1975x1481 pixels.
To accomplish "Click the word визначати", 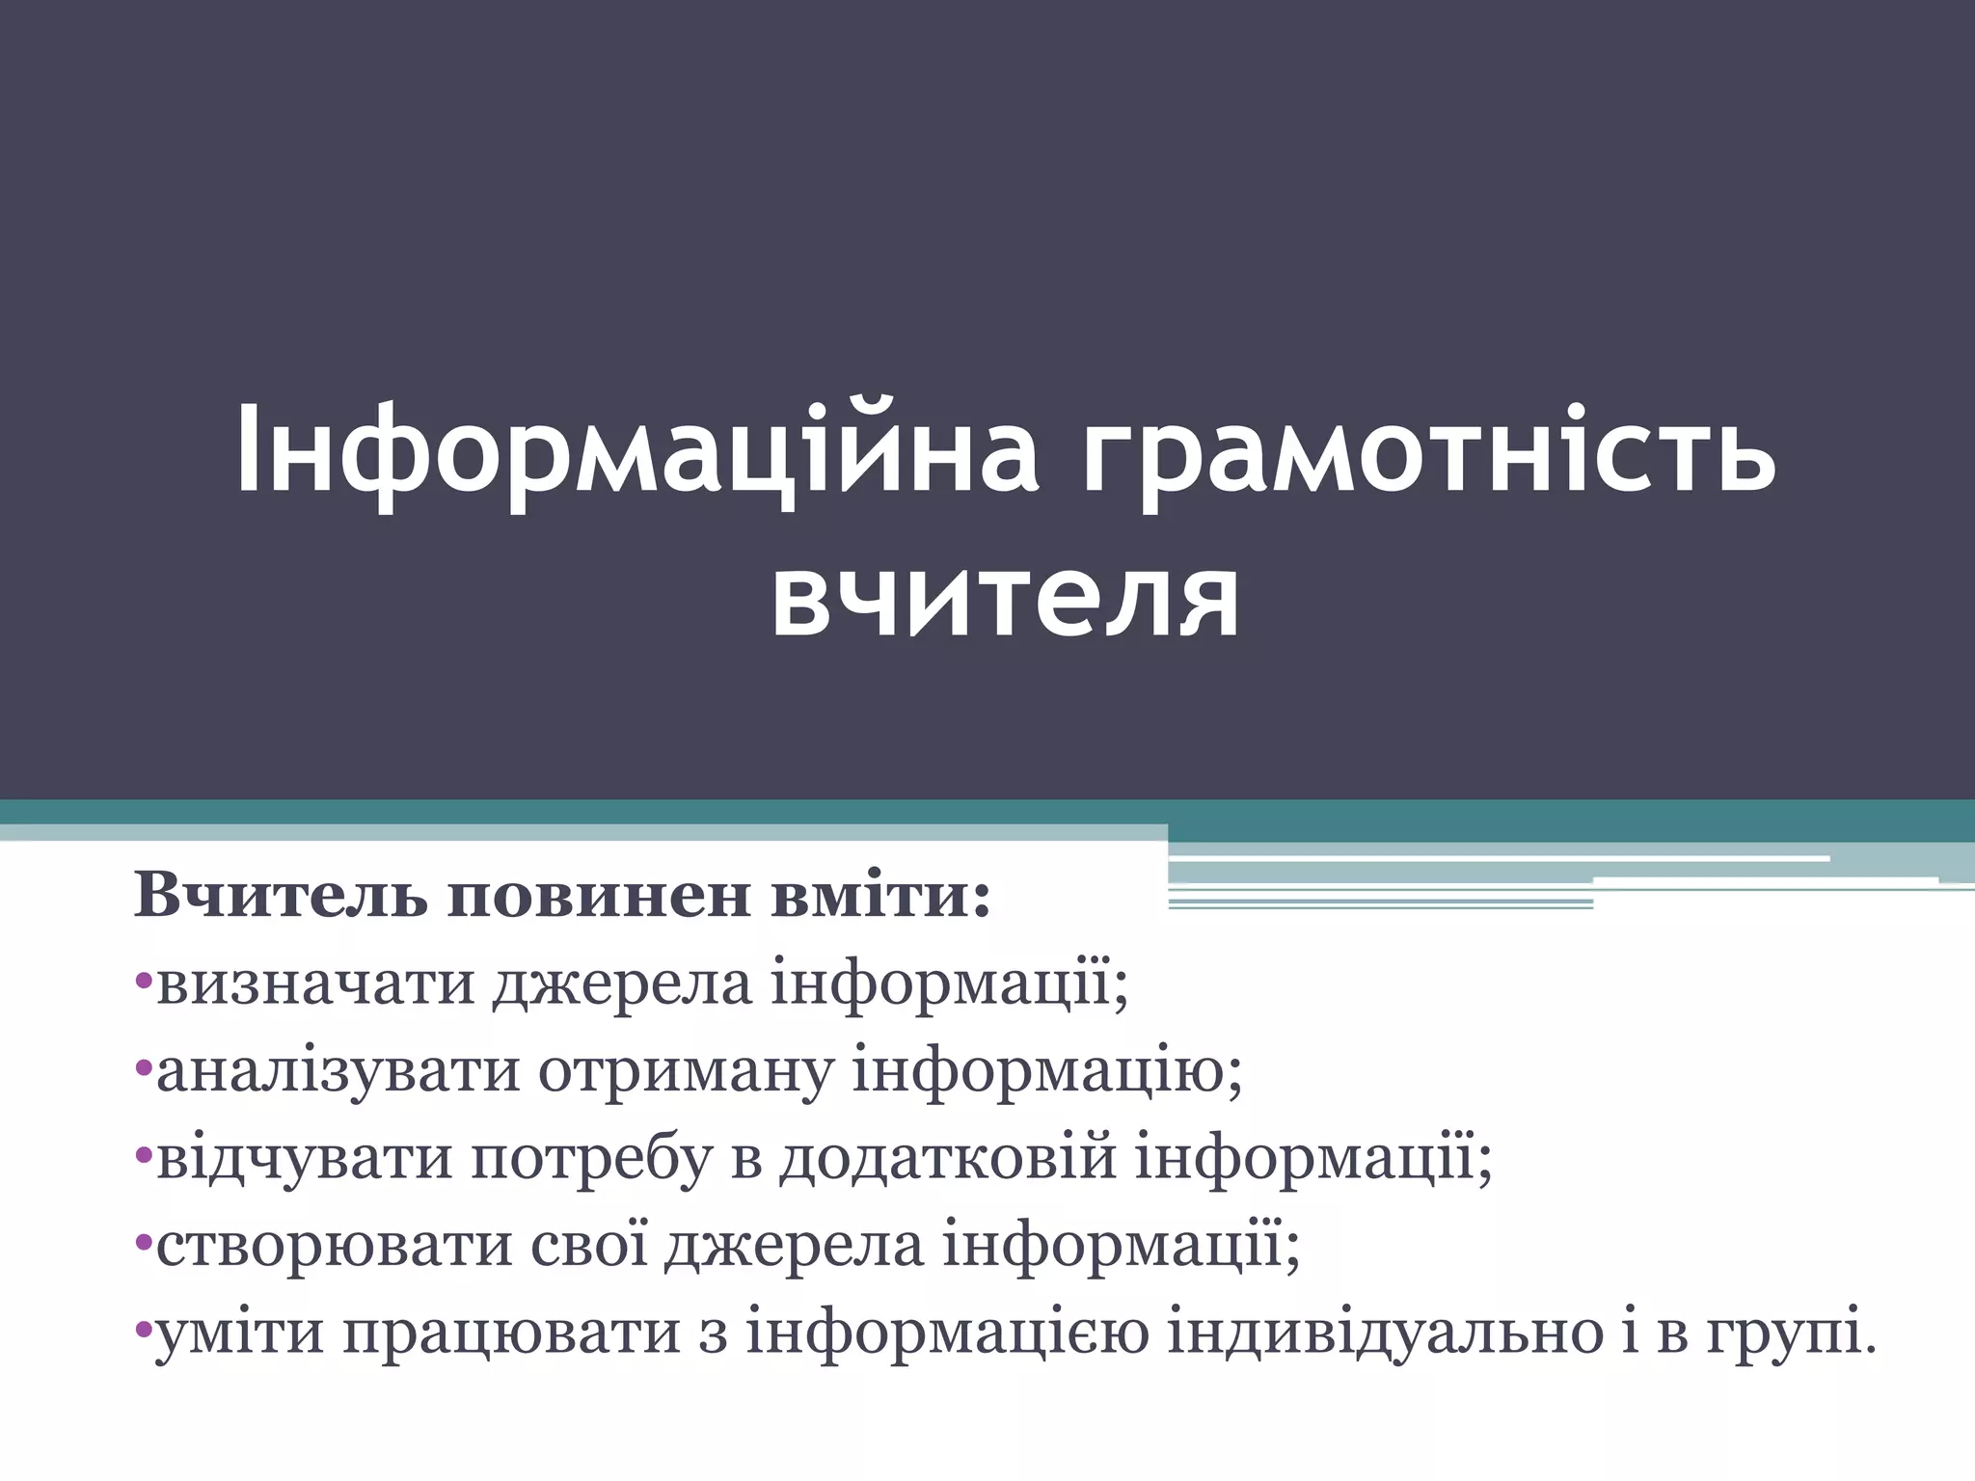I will (315, 983).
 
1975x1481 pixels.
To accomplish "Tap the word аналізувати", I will (338, 1070).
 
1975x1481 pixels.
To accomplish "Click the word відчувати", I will (304, 1157).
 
